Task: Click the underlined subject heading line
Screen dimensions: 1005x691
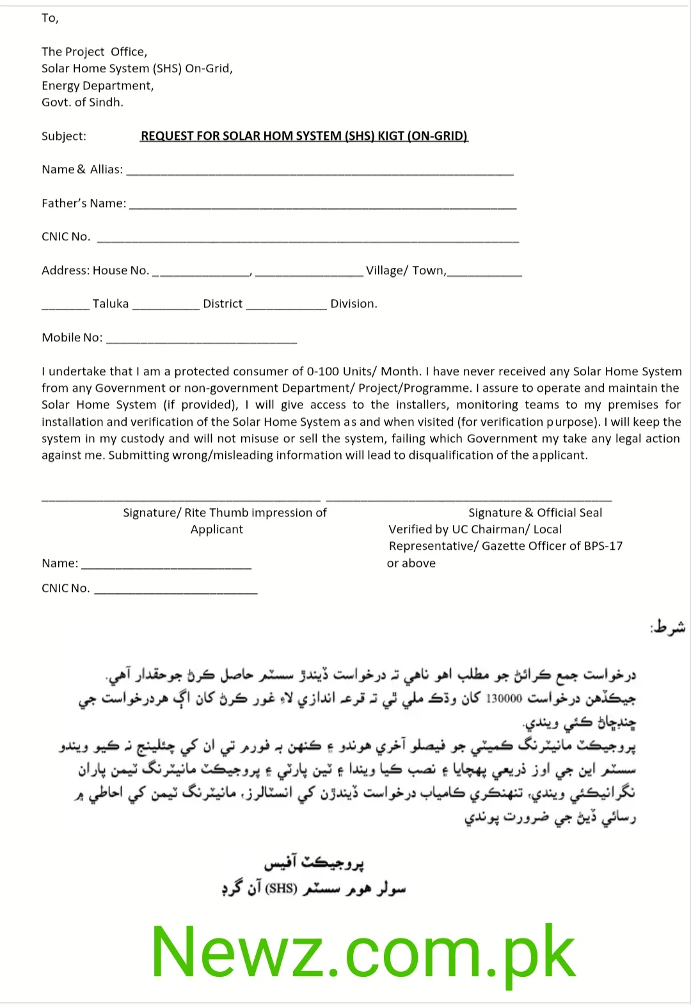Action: coord(305,136)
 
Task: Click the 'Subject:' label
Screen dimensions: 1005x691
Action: coord(64,136)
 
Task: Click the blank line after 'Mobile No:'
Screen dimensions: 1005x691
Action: coord(202,341)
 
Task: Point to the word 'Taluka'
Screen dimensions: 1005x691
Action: coord(111,304)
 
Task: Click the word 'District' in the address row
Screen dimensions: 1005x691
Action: coord(223,304)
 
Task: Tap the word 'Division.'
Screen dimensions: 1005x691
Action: coord(354,304)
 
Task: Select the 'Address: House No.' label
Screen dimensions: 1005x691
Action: coord(95,270)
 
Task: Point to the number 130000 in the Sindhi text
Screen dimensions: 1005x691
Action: coord(505,698)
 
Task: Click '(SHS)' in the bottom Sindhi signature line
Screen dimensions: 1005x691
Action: coord(282,888)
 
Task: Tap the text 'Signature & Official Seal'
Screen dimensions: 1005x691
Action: coord(535,513)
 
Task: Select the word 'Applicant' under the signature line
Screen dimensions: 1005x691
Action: coord(217,529)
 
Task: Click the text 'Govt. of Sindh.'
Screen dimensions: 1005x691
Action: coord(83,102)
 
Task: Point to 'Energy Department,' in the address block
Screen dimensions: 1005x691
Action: coord(98,86)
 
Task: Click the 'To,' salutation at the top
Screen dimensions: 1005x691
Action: coord(50,18)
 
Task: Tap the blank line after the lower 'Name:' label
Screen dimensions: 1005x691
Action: coord(166,566)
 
